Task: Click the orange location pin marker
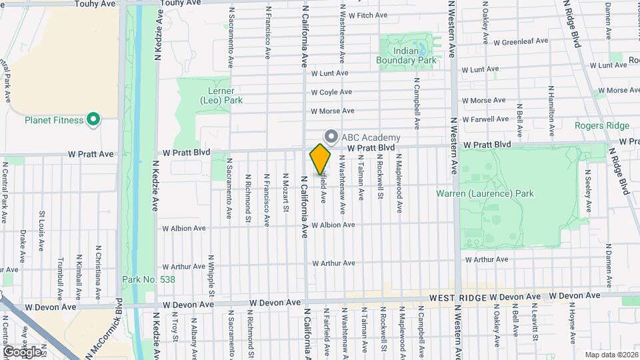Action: pos(320,159)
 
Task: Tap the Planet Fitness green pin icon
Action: pos(94,120)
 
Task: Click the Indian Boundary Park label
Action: pos(415,55)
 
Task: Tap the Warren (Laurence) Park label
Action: pos(485,194)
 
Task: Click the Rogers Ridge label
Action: pos(602,125)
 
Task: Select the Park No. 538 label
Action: pos(148,279)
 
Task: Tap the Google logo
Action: pos(21,351)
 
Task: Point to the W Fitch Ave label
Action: pos(363,15)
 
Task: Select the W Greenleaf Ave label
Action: pos(521,41)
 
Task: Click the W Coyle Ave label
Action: pos(331,92)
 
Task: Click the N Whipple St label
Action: pos(211,275)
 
